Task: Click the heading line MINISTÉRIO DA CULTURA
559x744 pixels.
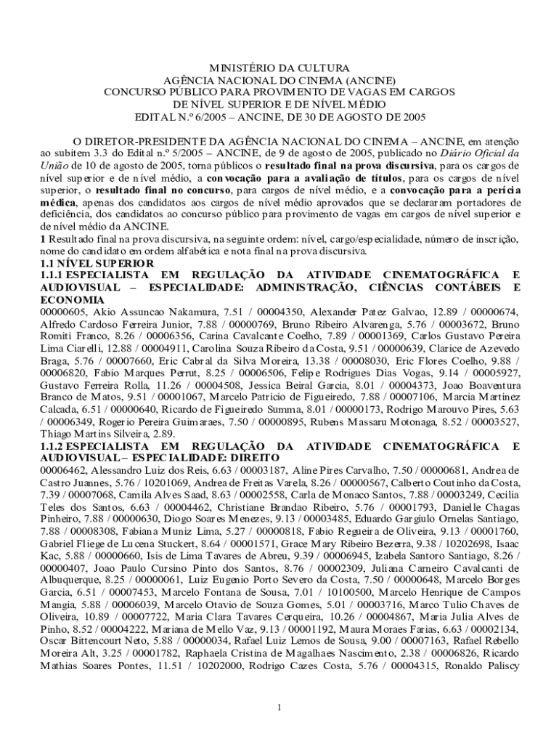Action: point(279,68)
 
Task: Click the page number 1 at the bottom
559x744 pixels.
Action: point(279,708)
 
